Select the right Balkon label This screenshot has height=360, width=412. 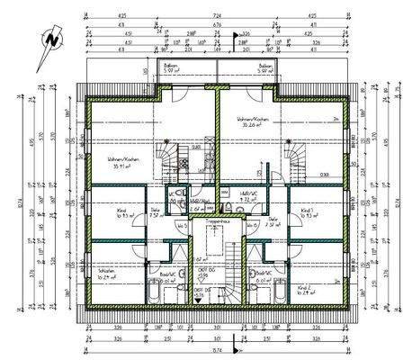pos(264,68)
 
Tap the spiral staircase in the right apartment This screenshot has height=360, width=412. pos(294,160)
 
